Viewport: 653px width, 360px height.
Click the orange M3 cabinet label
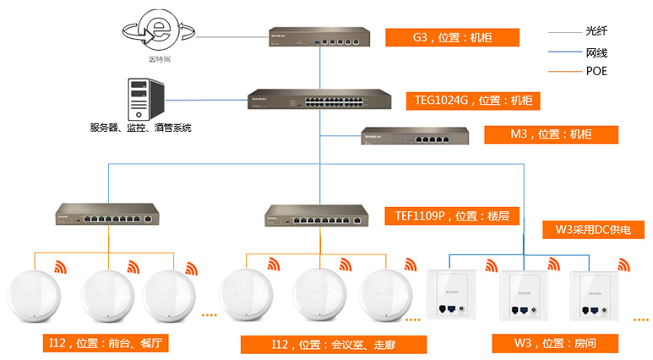(550, 134)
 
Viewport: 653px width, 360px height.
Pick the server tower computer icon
(140, 99)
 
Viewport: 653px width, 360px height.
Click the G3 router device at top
(320, 37)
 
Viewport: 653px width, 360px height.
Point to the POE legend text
(596, 72)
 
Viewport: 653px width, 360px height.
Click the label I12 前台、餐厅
(109, 343)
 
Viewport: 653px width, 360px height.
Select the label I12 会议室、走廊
(333, 344)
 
